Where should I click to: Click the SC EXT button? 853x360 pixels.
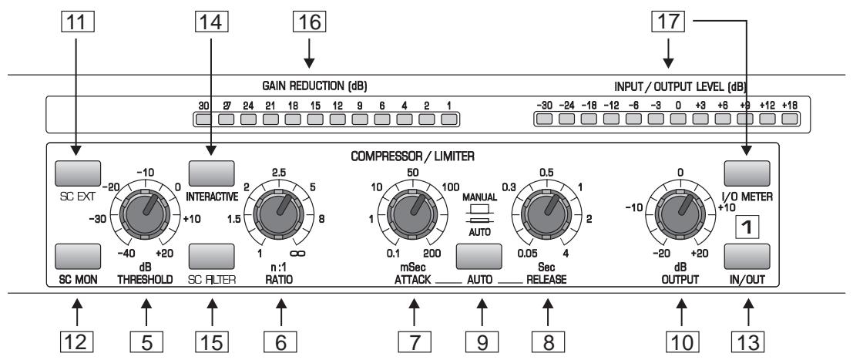(x=79, y=171)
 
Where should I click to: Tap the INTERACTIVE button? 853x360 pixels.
(x=210, y=171)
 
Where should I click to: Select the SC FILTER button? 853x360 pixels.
(x=210, y=255)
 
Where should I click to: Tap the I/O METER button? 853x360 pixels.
(x=746, y=171)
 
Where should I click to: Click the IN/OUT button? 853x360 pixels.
(x=746, y=255)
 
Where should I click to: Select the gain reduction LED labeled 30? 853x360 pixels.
(x=203, y=119)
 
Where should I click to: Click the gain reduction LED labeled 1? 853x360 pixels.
(x=449, y=119)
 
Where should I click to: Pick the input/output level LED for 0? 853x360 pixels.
(x=677, y=119)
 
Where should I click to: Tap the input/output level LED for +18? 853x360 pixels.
(x=788, y=119)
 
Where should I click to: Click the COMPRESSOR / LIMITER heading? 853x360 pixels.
(x=411, y=154)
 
